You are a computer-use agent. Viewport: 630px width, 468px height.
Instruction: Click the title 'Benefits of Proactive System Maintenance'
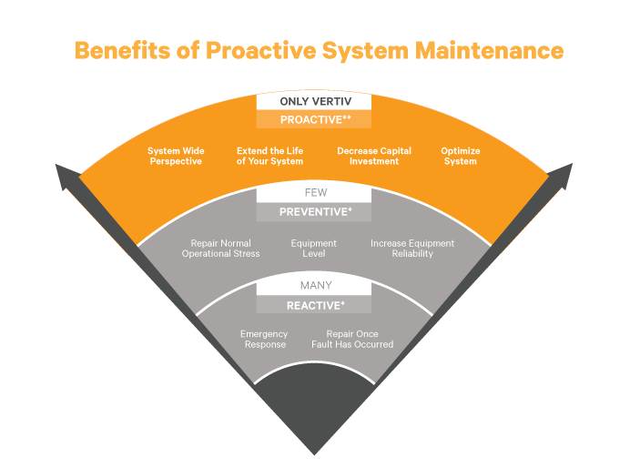click(319, 49)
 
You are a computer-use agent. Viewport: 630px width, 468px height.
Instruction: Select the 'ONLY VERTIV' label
click(314, 101)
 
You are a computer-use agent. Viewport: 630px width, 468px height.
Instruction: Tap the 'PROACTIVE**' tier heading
click(314, 119)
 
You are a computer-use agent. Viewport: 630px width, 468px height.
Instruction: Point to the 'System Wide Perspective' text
click(176, 156)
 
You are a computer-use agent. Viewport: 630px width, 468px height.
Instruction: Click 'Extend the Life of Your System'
click(269, 156)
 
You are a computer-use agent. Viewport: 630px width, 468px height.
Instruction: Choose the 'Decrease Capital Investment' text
click(374, 156)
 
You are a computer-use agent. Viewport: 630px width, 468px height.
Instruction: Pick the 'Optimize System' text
click(460, 156)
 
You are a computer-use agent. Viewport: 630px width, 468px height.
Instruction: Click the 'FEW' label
click(314, 194)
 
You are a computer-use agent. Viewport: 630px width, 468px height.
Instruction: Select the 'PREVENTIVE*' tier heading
click(314, 212)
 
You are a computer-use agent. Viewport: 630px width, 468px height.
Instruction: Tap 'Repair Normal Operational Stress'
click(220, 249)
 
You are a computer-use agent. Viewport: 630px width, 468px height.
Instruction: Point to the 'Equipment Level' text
click(314, 249)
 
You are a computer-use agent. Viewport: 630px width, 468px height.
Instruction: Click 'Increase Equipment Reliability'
click(412, 249)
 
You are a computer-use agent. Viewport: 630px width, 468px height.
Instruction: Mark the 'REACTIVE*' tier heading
click(314, 306)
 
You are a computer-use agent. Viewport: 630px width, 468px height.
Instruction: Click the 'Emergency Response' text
click(265, 340)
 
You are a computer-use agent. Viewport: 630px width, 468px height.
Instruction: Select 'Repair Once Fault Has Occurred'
click(360, 340)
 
